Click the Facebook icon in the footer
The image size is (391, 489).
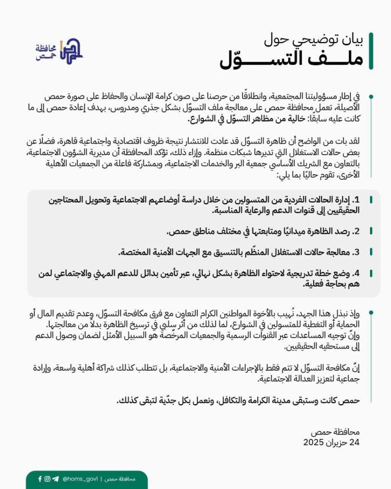click(40, 479)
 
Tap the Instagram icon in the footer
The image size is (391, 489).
click(47, 479)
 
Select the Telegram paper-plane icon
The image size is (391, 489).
click(55, 479)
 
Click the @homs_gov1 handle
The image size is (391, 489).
click(80, 479)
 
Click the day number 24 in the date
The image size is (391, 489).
click(355, 443)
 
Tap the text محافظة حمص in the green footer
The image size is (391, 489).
click(119, 479)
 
